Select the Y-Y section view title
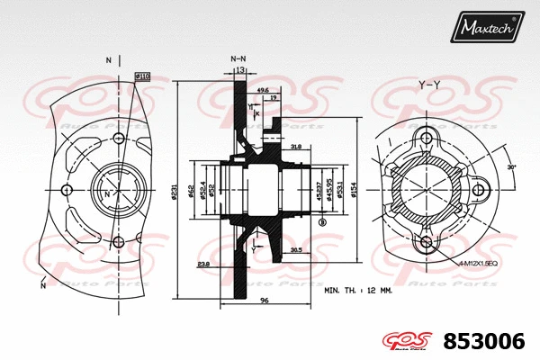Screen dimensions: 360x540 click(x=428, y=85)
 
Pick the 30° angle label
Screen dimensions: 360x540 click(x=509, y=167)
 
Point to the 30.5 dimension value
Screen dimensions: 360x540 click(x=294, y=250)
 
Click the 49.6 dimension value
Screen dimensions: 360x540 click(x=263, y=90)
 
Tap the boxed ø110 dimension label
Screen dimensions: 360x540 click(x=141, y=77)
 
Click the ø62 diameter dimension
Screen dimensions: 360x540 click(x=192, y=191)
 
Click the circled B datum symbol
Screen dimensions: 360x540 click(x=321, y=221)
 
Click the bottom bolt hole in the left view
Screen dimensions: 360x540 click(x=118, y=242)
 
